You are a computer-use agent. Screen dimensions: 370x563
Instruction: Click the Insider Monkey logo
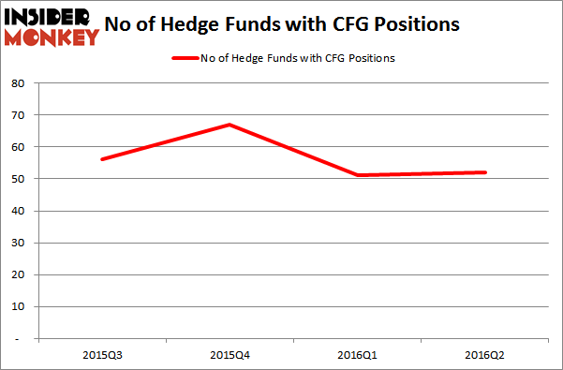[x=52, y=25]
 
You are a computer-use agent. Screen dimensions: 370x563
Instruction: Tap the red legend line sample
[x=184, y=59]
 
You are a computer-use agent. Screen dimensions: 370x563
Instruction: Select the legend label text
[x=297, y=59]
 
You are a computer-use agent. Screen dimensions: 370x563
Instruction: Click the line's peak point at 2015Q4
[x=230, y=125]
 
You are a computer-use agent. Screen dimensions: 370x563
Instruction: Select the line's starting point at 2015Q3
[x=101, y=159]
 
